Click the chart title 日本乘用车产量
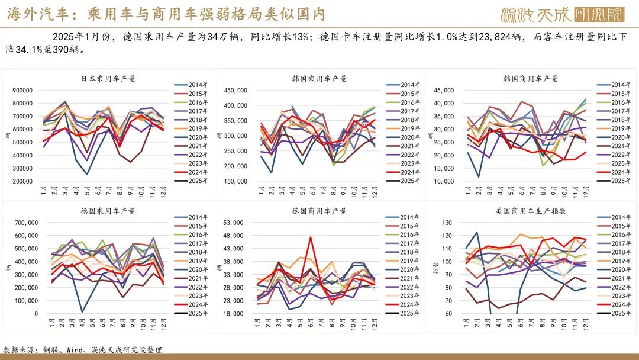click(x=108, y=78)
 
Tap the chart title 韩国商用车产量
click(x=531, y=78)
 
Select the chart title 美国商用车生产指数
click(x=527, y=211)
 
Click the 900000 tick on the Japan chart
click(x=22, y=91)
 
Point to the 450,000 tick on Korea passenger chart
click(x=236, y=91)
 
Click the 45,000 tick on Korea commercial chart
click(x=443, y=91)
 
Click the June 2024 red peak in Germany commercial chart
click(x=310, y=237)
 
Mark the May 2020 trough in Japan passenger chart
click(x=87, y=174)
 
